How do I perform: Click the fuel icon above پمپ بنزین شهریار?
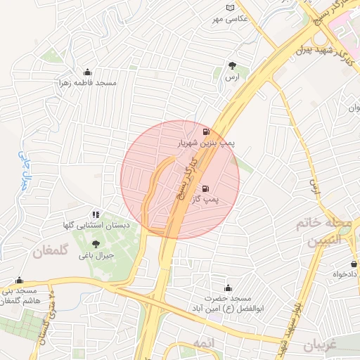coord(205,131)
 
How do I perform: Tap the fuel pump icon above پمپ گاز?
coord(205,188)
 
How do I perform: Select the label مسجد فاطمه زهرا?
coord(87,83)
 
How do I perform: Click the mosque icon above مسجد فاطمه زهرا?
coord(87,72)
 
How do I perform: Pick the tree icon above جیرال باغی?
coord(96,244)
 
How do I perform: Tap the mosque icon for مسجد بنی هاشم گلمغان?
coord(19,280)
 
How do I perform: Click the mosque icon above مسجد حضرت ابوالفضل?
coord(228,288)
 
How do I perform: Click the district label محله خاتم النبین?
coord(323,232)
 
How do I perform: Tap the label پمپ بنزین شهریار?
coord(205,143)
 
